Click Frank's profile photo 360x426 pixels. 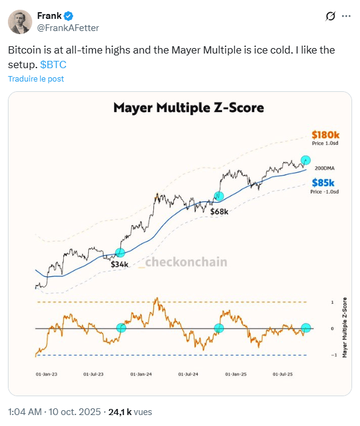[x=21, y=22]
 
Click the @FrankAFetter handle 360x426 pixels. [x=68, y=28]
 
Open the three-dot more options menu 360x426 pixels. [x=346, y=16]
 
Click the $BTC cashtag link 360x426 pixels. [x=53, y=63]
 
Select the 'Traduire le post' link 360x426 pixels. [x=36, y=79]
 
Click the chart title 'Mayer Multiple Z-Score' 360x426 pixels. [x=189, y=108]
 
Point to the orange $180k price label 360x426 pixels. [x=324, y=134]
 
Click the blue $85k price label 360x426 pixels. [x=324, y=183]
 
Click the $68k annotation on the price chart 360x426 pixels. [x=219, y=212]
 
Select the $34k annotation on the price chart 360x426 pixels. [x=119, y=265]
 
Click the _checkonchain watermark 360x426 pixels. [x=182, y=262]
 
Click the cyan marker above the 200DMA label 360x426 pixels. [x=306, y=159]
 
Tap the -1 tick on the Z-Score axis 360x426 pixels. [x=332, y=355]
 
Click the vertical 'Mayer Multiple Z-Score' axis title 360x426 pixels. [x=344, y=327]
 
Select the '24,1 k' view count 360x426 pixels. [x=120, y=412]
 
